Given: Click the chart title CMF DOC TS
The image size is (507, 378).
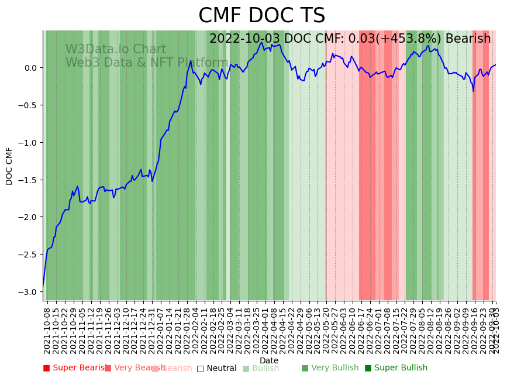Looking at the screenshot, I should [261, 16].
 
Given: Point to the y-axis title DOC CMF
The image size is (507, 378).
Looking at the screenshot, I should [9, 166].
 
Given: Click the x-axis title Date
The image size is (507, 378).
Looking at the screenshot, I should [269, 360].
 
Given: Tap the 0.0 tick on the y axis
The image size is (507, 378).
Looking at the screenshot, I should [30, 68].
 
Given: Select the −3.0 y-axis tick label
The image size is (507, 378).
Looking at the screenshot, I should [28, 292].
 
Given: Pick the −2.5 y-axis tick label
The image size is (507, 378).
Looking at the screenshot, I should [28, 255].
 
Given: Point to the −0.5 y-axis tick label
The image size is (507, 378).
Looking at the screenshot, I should [28, 105].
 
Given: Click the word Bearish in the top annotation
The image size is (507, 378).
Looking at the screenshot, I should [468, 39].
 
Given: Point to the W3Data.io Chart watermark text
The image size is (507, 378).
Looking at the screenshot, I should [116, 50].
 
